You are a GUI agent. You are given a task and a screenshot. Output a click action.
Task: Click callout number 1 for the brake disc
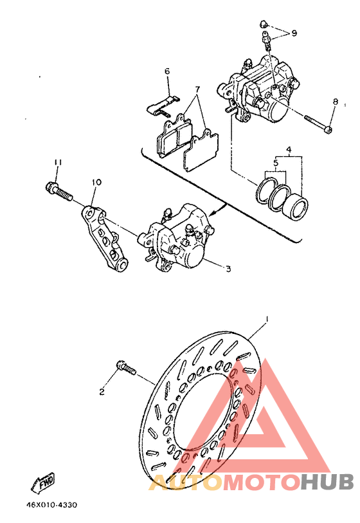[x=267, y=320]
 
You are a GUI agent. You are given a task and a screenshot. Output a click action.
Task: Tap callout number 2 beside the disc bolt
[x=102, y=391]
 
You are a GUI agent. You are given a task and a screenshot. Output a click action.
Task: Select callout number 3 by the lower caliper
[x=228, y=268]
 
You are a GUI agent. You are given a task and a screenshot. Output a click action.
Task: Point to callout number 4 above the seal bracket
[x=289, y=149]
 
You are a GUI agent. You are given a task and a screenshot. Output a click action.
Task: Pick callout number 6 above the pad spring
[x=167, y=71]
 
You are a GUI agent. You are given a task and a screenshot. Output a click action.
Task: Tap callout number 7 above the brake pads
[x=197, y=89]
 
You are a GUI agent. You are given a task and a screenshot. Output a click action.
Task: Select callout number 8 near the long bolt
[x=336, y=102]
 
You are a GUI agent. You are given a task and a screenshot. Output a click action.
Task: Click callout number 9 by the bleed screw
[x=294, y=33]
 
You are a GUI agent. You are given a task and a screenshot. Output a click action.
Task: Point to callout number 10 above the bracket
[x=96, y=183]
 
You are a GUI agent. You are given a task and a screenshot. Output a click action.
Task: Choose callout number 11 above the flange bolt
[x=58, y=163]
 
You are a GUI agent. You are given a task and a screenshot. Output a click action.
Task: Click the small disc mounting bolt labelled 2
[x=126, y=368]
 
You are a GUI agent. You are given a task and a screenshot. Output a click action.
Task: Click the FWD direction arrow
[x=42, y=483]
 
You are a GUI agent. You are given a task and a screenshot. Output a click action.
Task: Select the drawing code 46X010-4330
[x=51, y=505]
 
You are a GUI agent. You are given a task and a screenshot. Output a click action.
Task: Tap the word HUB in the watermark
[x=327, y=482]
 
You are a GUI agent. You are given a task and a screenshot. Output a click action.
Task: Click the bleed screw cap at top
[x=264, y=24]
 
